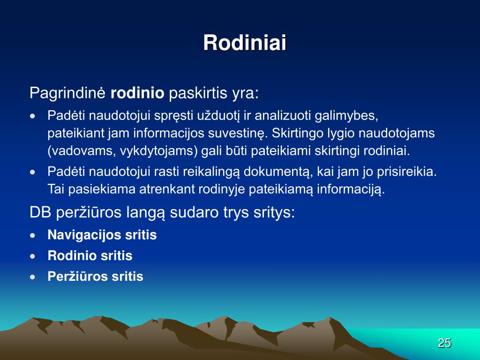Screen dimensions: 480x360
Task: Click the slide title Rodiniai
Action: coord(245,42)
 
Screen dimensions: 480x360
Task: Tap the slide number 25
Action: coord(444,343)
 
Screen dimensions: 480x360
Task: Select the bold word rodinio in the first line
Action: coord(137,93)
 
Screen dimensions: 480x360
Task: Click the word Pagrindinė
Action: coord(67,93)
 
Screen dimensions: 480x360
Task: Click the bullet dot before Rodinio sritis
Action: coord(33,256)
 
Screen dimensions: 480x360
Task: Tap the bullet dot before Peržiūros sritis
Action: coord(33,277)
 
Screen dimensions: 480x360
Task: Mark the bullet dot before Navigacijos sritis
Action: coord(33,235)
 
